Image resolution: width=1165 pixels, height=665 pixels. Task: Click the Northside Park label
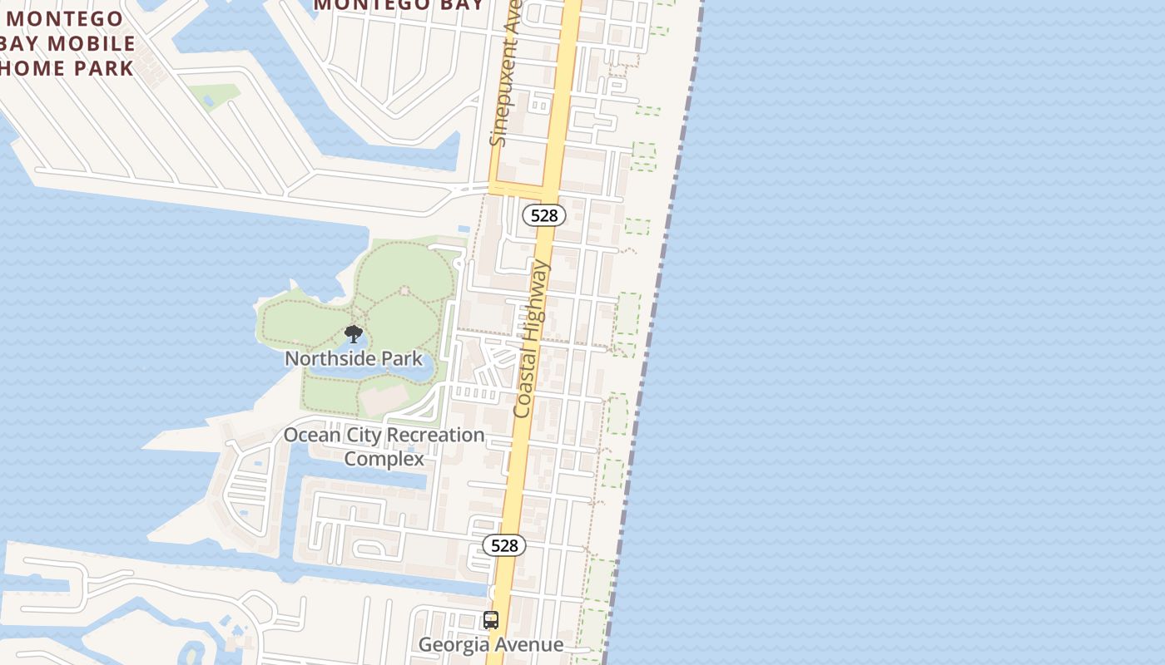pos(354,358)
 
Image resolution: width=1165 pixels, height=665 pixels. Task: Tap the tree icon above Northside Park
pos(354,334)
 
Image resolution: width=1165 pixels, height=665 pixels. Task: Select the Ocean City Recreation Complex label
pos(384,446)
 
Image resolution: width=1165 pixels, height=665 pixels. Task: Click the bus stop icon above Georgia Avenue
pos(491,619)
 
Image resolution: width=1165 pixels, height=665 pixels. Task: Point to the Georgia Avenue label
pos(490,644)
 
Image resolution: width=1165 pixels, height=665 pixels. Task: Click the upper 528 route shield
pos(544,215)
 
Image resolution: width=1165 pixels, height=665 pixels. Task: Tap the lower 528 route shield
pos(504,545)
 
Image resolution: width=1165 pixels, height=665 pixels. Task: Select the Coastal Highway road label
pos(532,338)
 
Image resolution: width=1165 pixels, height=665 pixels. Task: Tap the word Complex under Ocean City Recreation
pos(384,459)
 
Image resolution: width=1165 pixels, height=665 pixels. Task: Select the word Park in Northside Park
pos(401,358)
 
